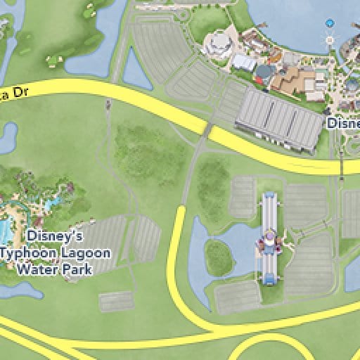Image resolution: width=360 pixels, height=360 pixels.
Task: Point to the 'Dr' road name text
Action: click(x=14, y=93)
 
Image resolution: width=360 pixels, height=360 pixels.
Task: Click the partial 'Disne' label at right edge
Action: click(x=343, y=122)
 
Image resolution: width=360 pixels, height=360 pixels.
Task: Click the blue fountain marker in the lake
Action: click(x=328, y=23)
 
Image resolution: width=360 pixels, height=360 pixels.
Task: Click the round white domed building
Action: click(x=220, y=44)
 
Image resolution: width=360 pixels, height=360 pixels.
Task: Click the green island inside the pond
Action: click(x=219, y=257)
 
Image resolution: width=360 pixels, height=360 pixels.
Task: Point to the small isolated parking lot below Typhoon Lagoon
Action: click(x=116, y=301)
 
